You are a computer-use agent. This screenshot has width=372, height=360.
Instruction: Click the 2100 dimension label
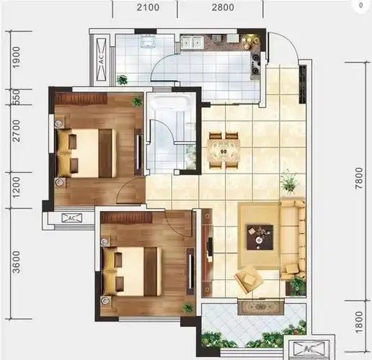tap(148, 7)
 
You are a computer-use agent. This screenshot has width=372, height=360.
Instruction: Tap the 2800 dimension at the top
tap(223, 7)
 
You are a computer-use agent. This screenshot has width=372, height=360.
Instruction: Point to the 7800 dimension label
tap(359, 178)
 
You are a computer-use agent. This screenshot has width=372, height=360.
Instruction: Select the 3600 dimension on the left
tap(17, 262)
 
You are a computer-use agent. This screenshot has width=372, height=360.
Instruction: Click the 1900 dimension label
tap(17, 58)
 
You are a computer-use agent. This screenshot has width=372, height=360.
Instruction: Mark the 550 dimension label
tap(17, 97)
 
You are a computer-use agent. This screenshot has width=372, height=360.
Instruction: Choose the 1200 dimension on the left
tap(17, 188)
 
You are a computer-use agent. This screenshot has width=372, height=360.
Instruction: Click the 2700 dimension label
tap(17, 131)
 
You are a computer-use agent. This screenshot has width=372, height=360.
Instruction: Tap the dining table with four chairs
tap(223, 150)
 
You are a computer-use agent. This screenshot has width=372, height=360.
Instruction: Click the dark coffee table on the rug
tap(260, 238)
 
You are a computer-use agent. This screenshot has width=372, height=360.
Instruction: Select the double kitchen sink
tap(192, 42)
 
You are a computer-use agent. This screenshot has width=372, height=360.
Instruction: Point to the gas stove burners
tap(255, 64)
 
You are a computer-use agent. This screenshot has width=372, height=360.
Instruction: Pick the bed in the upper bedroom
tap(87, 153)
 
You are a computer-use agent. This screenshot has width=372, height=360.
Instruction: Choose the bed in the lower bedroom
tap(132, 271)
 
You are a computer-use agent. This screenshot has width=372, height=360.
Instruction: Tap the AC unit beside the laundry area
tap(102, 60)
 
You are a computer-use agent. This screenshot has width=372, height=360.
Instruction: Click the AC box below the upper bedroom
tap(72, 218)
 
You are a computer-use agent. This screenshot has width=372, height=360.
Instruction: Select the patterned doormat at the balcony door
tap(261, 307)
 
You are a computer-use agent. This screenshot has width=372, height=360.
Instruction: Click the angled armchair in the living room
tap(248, 279)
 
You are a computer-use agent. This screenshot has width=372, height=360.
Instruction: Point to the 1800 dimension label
tap(359, 322)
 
